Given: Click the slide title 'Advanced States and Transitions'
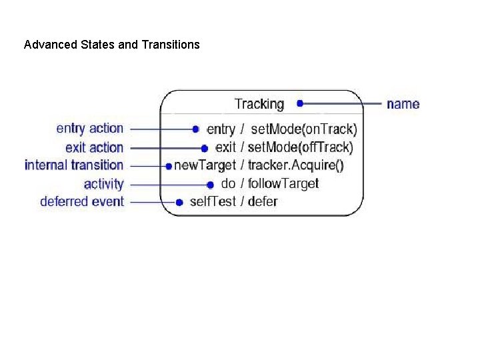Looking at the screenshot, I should coord(111,45).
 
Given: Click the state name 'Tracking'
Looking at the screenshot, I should coord(259,104).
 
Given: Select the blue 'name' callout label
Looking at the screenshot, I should coord(403,104).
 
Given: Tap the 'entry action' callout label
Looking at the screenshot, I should coord(90,128).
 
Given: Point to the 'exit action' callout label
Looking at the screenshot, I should coord(94,147).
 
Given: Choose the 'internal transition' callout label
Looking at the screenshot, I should coord(74,165).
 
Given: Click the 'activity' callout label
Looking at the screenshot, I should coord(103,183).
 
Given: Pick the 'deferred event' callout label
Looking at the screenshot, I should coord(82,201).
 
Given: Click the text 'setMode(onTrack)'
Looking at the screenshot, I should coord(303,129).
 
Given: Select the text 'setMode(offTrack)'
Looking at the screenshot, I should coord(300,147).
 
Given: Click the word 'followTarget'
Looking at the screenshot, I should coord(283,183).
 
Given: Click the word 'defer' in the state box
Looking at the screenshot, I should coord(262,201).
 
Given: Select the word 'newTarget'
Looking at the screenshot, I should coord(205,165).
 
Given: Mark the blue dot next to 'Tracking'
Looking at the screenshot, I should coord(300,103).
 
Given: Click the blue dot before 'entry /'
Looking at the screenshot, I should coord(195,129).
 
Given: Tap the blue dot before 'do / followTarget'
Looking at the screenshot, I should coord(210,184).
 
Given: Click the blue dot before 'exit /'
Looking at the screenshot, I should coord(205,147).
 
